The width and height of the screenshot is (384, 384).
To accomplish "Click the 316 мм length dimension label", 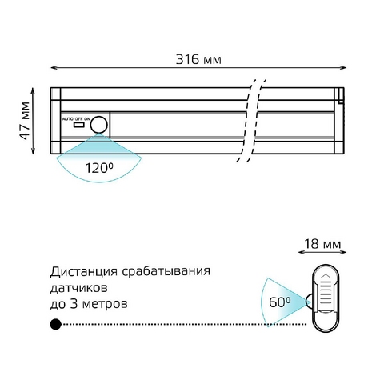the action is coord(198,59).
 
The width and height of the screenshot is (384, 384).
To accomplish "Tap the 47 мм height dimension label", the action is coord(25,121).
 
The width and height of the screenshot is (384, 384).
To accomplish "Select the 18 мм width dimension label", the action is coord(322,244).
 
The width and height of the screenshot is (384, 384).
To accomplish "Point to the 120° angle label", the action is coord(99,168).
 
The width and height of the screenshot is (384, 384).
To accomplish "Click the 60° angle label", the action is coord(279,302).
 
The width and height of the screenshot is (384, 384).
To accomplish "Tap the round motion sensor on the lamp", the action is coord(98,125).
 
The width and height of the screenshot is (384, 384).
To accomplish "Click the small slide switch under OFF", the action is coord(79,125).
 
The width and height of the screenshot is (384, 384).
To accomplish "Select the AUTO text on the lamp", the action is coord(68,118).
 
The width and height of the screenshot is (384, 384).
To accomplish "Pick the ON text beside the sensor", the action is coord(87,118).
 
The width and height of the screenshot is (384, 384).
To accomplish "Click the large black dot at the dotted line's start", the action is coord(56,324).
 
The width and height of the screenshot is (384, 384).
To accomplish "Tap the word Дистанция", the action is coord(83,272).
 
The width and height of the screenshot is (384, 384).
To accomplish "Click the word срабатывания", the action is coord(166,272).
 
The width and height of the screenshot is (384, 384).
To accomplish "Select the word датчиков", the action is coord(79,288).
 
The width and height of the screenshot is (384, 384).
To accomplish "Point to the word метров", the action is coord(105,304).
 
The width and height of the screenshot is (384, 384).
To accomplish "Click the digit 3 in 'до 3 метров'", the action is coord(74,304).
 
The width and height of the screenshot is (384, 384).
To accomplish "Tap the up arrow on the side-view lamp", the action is coord(326,276).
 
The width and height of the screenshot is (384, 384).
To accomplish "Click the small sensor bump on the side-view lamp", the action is coord(310,302).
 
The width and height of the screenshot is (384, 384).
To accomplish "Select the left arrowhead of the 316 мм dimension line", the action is coord(54,68).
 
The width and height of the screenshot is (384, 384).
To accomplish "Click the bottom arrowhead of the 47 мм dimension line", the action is coord(33,151).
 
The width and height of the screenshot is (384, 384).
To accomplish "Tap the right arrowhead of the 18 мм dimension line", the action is coord(343,252).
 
